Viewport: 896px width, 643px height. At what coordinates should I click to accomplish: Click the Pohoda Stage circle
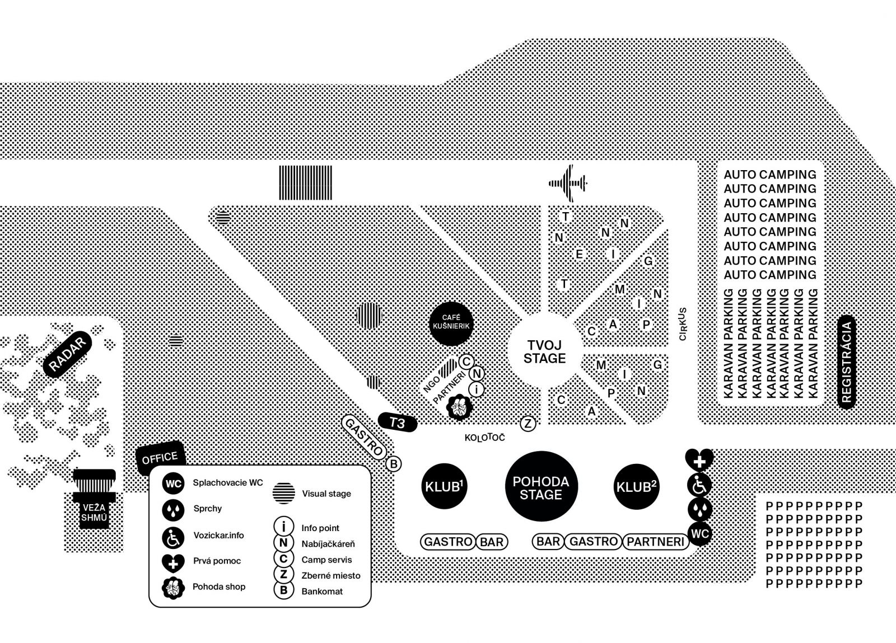[541, 486]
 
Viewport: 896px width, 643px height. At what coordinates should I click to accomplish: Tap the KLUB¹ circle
[444, 486]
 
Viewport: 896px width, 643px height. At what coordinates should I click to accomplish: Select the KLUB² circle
[636, 486]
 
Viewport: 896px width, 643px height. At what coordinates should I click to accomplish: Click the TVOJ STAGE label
[544, 351]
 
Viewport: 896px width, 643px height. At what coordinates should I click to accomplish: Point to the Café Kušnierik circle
[451, 323]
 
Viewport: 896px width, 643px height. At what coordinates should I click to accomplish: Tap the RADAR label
[67, 354]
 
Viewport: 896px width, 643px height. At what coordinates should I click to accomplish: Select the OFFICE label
[160, 458]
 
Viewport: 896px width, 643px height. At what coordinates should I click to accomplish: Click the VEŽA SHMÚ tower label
[94, 513]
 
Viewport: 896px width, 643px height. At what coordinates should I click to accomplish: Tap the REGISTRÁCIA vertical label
[846, 362]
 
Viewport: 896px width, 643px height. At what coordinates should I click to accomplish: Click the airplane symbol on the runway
[568, 184]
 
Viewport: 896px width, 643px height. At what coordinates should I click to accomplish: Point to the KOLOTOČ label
[485, 438]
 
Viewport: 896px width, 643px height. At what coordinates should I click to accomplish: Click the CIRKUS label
[683, 323]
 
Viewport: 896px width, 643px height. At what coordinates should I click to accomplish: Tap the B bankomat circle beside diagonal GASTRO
[394, 464]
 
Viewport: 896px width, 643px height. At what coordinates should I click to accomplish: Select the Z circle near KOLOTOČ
[528, 424]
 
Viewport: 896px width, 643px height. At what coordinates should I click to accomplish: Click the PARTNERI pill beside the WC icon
[656, 542]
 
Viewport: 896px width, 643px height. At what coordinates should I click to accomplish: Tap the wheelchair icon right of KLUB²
[699, 485]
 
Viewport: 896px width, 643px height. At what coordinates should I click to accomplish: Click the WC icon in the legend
[173, 484]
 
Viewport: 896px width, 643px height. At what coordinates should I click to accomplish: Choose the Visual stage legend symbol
[284, 493]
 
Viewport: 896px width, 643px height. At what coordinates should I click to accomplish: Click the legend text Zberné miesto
[331, 575]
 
